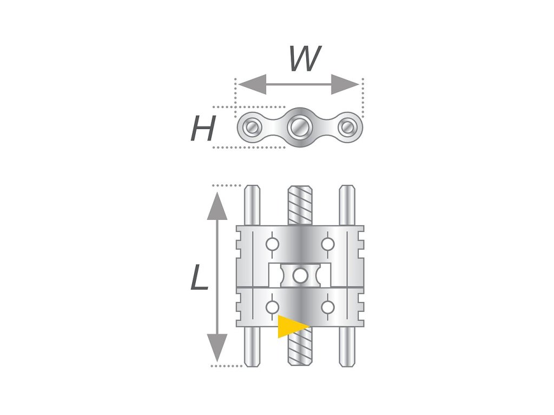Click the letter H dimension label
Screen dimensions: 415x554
click(203, 129)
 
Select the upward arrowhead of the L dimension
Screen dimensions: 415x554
click(217, 205)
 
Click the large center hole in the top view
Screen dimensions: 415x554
click(298, 128)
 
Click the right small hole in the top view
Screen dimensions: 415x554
click(346, 128)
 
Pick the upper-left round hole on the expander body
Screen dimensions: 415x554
click(272, 245)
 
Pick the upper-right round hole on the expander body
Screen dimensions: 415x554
click(327, 245)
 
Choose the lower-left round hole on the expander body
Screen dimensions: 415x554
click(272, 307)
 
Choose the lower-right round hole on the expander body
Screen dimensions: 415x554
click(327, 307)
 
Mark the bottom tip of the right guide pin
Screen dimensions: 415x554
click(347, 364)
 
